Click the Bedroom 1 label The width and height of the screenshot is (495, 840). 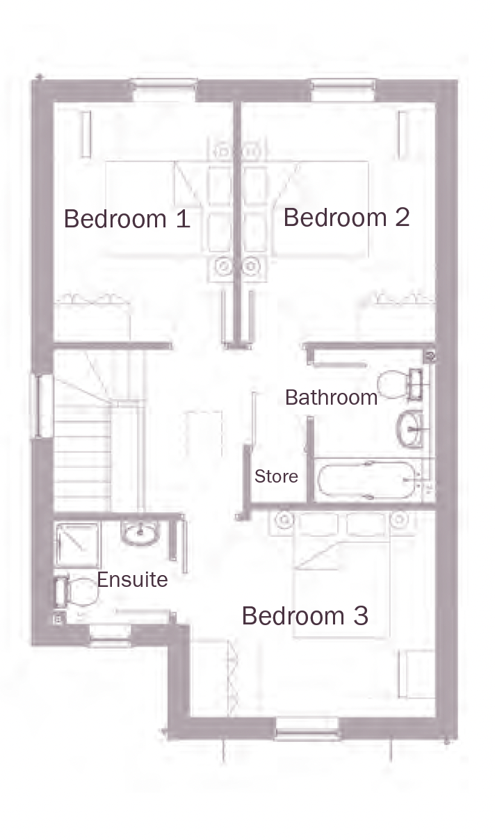tap(127, 218)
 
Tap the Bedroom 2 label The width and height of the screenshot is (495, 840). tap(346, 218)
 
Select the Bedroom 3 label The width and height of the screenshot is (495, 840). tap(305, 616)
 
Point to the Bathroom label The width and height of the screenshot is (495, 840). tap(331, 397)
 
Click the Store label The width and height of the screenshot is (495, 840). tap(277, 476)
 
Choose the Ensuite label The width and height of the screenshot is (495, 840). tap(132, 580)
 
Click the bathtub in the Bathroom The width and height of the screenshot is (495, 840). tap(366, 480)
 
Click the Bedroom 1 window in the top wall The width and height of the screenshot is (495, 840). tap(165, 90)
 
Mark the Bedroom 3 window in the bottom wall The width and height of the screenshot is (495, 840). tap(307, 729)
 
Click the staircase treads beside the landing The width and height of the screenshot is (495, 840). tap(83, 458)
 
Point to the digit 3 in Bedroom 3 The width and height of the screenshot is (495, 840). tap(360, 616)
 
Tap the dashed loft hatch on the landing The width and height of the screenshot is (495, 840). tap(203, 434)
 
